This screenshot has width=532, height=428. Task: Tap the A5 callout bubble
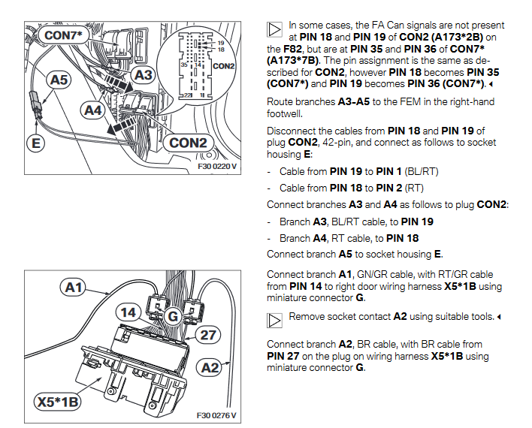click(59, 78)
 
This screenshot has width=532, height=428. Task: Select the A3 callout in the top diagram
click(143, 75)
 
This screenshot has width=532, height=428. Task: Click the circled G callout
click(171, 316)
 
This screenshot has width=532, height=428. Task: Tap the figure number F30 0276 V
click(216, 415)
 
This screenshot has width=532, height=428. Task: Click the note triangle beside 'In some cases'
click(274, 29)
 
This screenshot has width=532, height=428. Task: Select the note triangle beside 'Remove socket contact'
click(274, 319)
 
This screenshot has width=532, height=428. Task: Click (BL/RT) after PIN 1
click(424, 171)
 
